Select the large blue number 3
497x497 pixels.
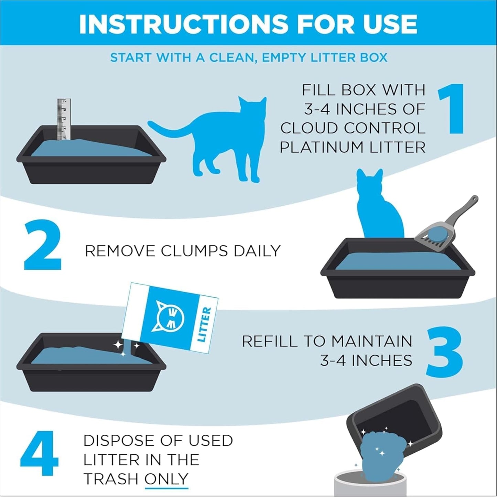click(x=444, y=352)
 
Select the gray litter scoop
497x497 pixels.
click(x=444, y=229)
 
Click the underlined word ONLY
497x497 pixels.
click(x=166, y=478)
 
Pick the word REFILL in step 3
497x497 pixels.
click(x=269, y=341)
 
